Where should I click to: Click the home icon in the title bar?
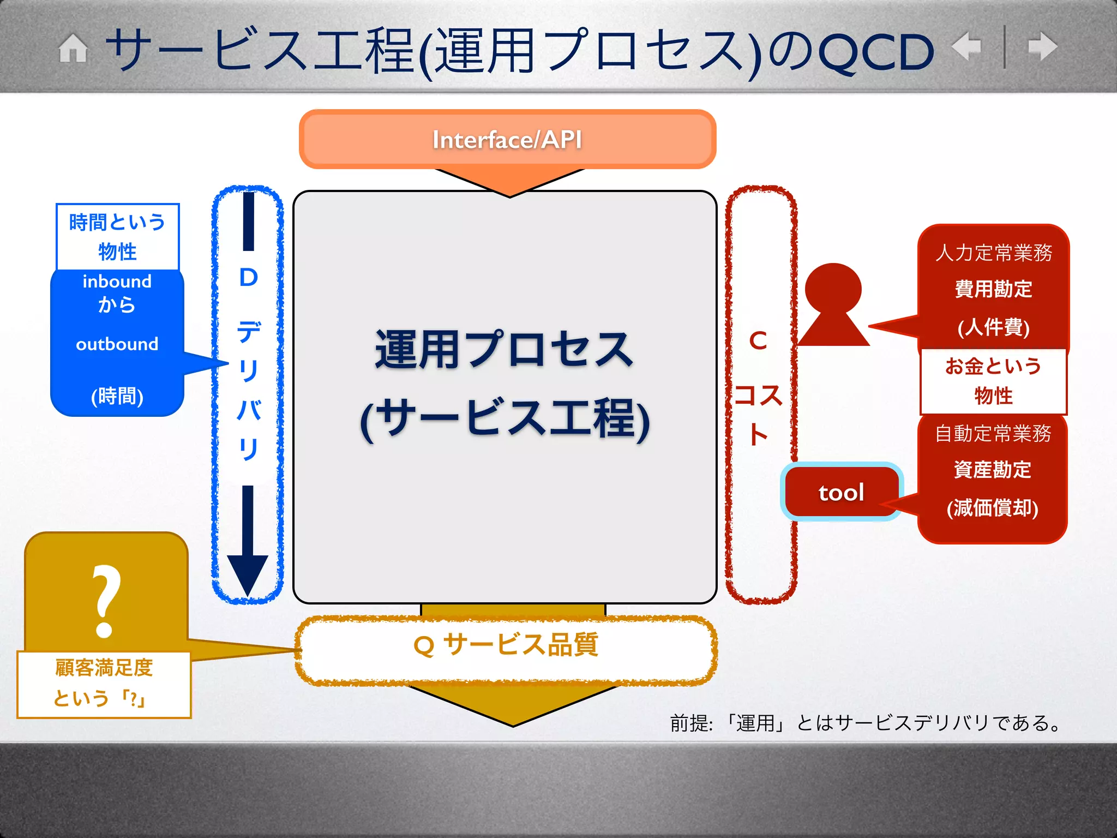73,49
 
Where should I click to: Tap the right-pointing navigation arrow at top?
1042,46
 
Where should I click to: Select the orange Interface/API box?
507,139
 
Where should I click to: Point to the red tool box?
841,492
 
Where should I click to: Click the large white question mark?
105,601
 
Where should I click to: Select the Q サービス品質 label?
506,645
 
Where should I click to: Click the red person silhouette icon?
833,306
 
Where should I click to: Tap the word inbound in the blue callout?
117,282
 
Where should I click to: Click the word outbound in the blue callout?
117,344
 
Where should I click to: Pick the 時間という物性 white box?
117,237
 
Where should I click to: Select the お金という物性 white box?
993,381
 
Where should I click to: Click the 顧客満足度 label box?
104,683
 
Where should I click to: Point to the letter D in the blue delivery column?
248,278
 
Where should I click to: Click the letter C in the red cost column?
758,341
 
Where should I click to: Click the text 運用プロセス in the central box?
504,350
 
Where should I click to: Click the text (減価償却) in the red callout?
992,508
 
